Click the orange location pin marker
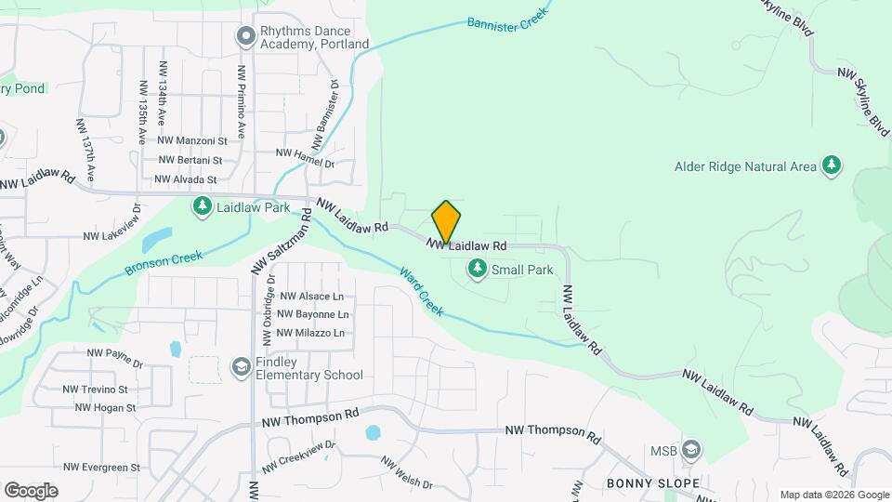(x=446, y=222)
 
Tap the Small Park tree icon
(x=478, y=270)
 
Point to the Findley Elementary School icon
(x=242, y=367)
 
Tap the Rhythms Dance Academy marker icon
(x=246, y=36)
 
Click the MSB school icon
(x=690, y=451)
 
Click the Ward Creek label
(x=422, y=291)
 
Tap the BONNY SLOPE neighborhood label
(x=646, y=483)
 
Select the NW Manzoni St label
(x=192, y=140)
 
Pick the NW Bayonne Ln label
(x=312, y=314)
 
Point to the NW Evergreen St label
(x=102, y=468)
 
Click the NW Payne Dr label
(x=114, y=353)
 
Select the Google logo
(x=31, y=490)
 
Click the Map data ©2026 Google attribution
(x=833, y=495)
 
